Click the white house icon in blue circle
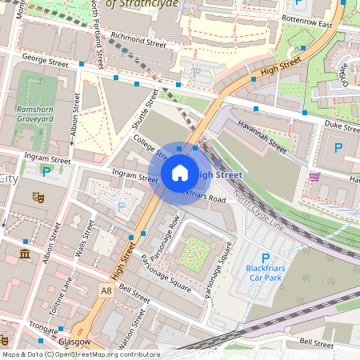[180, 172]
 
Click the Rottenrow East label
[306, 24]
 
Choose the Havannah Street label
[262, 135]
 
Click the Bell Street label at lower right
[316, 342]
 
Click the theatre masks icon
[37, 196]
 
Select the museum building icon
[24, 254]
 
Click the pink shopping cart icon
[314, 177]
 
